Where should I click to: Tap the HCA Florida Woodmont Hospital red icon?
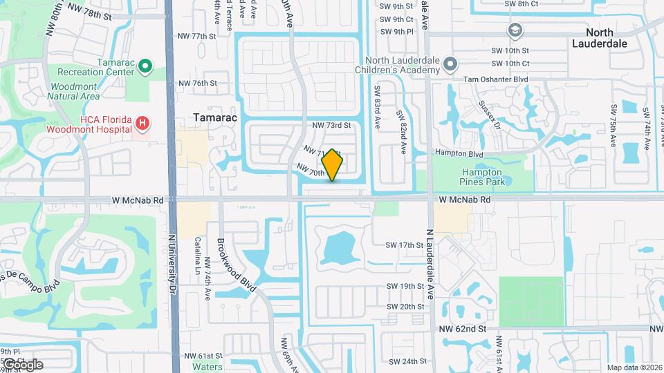coord(142,124)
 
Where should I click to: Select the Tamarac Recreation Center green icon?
coord(145,66)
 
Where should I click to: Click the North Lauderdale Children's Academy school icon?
coord(451,65)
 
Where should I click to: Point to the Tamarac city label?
coord(214,117)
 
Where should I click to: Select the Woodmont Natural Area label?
coord(74,91)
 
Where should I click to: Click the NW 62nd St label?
coord(463,330)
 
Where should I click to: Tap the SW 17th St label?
coord(405,245)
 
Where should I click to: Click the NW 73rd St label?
coord(332,125)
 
